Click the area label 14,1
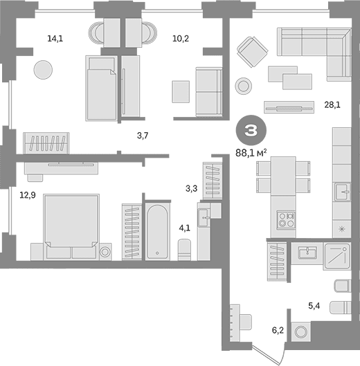pyautogui.click(x=55, y=39)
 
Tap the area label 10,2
pyautogui.click(x=181, y=39)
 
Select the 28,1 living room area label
pyautogui.click(x=332, y=105)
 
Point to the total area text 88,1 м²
pyautogui.click(x=251, y=153)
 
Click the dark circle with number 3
pyautogui.click(x=251, y=130)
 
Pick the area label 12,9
pyautogui.click(x=28, y=195)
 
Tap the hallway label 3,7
pyautogui.click(x=143, y=136)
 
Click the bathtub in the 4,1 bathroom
pyautogui.click(x=157, y=232)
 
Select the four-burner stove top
pyautogui.click(x=286, y=220)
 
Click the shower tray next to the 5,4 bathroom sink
pyautogui.click(x=337, y=256)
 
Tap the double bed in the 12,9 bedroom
pyautogui.click(x=71, y=226)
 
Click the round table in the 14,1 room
pyautogui.click(x=43, y=70)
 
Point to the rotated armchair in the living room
pyautogui.click(x=252, y=52)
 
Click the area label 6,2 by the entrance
pyautogui.click(x=278, y=330)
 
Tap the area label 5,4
pyautogui.click(x=314, y=306)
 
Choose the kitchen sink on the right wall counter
pyautogui.click(x=343, y=192)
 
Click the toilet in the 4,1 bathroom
pyautogui.click(x=184, y=249)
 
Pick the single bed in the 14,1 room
pyautogui.click(x=102, y=88)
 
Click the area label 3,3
pyautogui.click(x=191, y=188)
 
